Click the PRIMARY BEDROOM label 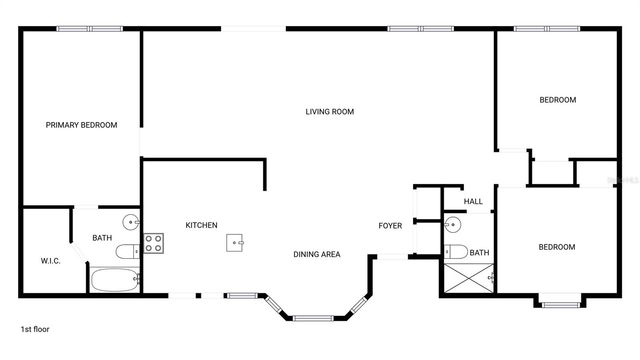(x=81, y=125)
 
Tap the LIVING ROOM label (x=330, y=112)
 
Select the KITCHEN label (x=201, y=225)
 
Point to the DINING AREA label (x=317, y=254)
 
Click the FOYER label (x=390, y=225)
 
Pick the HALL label (x=473, y=202)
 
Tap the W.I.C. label (x=51, y=260)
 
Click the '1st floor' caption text (x=35, y=328)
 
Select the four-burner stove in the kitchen (x=153, y=242)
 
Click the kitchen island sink (x=236, y=241)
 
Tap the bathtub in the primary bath (x=115, y=280)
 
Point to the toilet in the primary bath (x=127, y=251)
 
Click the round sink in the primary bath (x=131, y=221)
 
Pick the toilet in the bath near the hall (x=455, y=251)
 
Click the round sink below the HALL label (x=453, y=224)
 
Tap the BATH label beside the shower (x=480, y=253)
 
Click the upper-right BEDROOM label (x=557, y=100)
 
